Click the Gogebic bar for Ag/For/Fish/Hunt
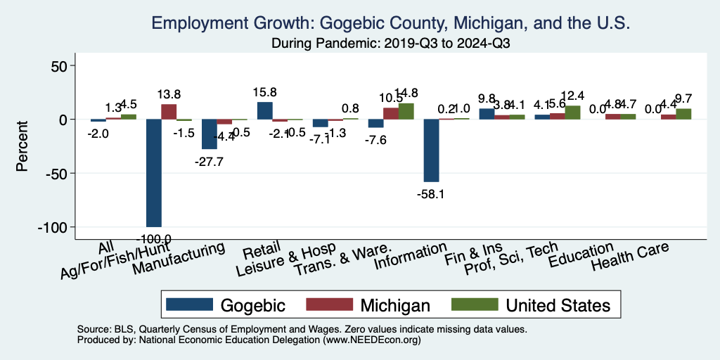point(154,173)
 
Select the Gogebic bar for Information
point(431,150)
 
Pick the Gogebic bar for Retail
point(265,111)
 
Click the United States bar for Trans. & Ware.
point(406,112)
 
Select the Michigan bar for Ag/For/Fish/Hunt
point(169,112)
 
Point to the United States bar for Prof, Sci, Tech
point(573,112)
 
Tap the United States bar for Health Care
point(684,114)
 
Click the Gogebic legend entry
point(226,305)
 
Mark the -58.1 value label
point(430,193)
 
